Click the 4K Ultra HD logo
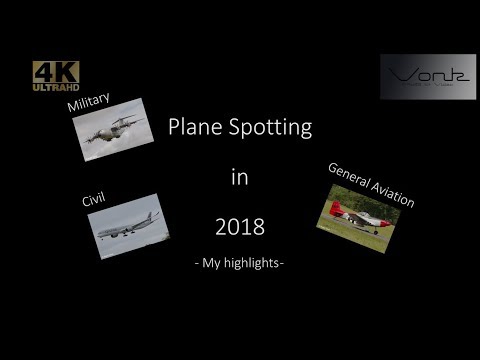(55, 76)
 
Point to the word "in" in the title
(239, 178)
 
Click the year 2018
(239, 227)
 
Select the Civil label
(94, 201)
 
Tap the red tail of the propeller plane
(335, 208)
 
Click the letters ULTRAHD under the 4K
(55, 87)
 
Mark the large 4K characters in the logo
(55, 71)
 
